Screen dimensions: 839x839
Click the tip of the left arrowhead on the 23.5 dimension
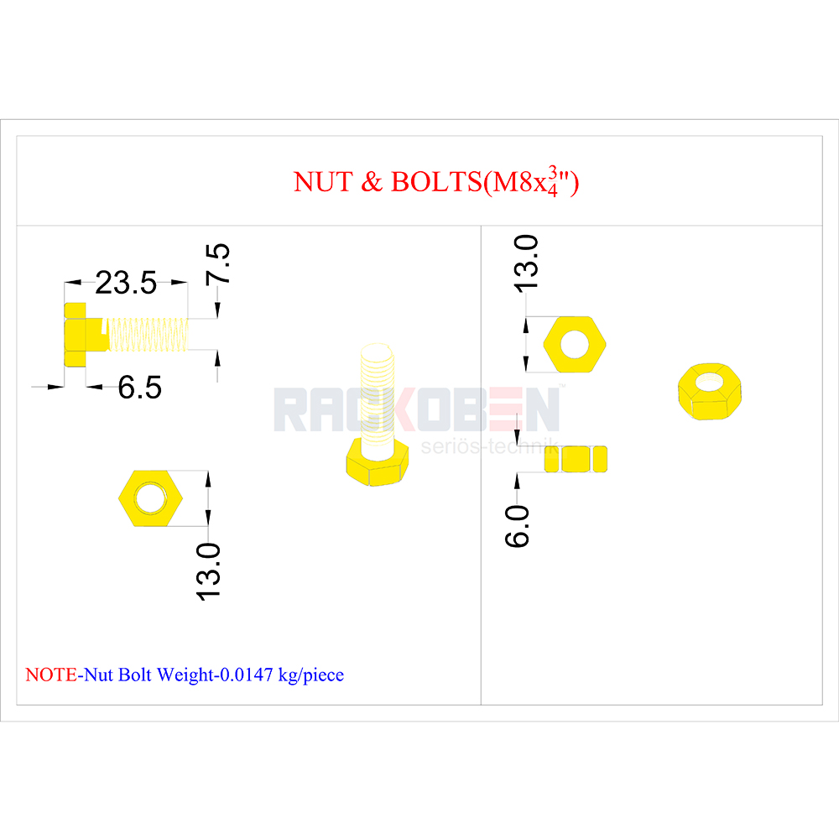click(65, 282)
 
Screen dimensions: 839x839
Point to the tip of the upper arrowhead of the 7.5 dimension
click(217, 318)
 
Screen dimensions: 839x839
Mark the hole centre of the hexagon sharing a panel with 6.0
click(574, 344)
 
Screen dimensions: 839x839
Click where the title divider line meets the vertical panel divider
click(481, 225)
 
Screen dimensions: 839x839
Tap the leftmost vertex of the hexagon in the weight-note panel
click(118, 498)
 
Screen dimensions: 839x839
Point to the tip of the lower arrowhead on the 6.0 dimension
click(517, 473)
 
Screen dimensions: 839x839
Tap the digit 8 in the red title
click(527, 182)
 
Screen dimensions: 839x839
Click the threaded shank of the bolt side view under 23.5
click(148, 335)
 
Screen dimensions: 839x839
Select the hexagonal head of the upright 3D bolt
click(378, 462)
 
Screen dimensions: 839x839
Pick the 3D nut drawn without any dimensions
click(710, 391)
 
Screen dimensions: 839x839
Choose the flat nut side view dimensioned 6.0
click(576, 459)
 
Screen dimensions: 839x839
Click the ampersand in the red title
click(372, 181)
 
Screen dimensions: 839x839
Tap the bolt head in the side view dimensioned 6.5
click(75, 335)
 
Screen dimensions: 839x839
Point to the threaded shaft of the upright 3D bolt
click(378, 393)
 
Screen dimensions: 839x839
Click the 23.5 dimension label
click(126, 283)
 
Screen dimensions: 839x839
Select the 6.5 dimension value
click(139, 387)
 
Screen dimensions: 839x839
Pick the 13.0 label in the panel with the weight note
click(208, 571)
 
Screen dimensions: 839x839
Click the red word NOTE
click(51, 675)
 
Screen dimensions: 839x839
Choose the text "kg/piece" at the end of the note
click(311, 675)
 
